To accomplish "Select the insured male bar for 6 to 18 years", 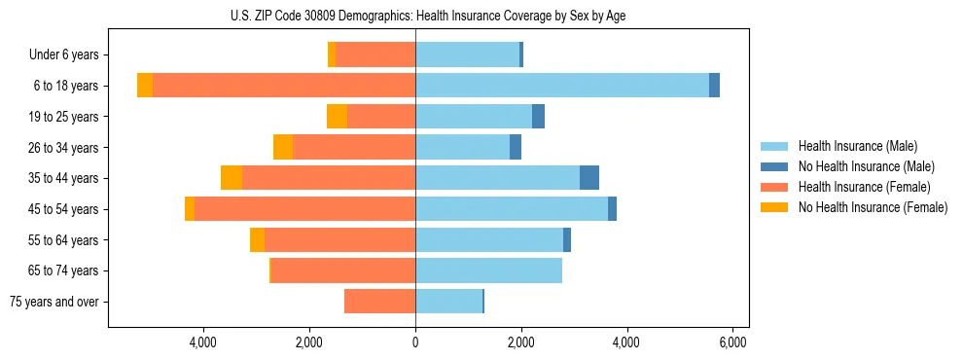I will click(x=562, y=86).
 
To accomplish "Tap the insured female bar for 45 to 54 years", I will click(x=304, y=209).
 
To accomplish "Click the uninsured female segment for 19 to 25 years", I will click(x=337, y=117).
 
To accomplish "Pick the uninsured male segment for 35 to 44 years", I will click(x=589, y=178).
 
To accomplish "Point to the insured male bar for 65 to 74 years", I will click(x=488, y=270).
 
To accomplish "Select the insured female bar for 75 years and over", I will click(x=379, y=302).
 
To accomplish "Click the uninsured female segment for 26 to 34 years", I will click(x=283, y=147).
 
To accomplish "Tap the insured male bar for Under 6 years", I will click(x=467, y=54).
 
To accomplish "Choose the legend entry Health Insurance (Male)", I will click(x=857, y=146).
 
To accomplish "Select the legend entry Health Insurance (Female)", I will click(x=863, y=187).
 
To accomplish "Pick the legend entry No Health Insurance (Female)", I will click(x=872, y=207).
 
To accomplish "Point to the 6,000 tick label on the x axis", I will click(x=732, y=343).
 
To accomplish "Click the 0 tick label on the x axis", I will click(x=415, y=343).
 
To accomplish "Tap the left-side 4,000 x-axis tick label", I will click(x=203, y=343).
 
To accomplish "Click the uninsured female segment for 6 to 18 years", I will click(x=145, y=86).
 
